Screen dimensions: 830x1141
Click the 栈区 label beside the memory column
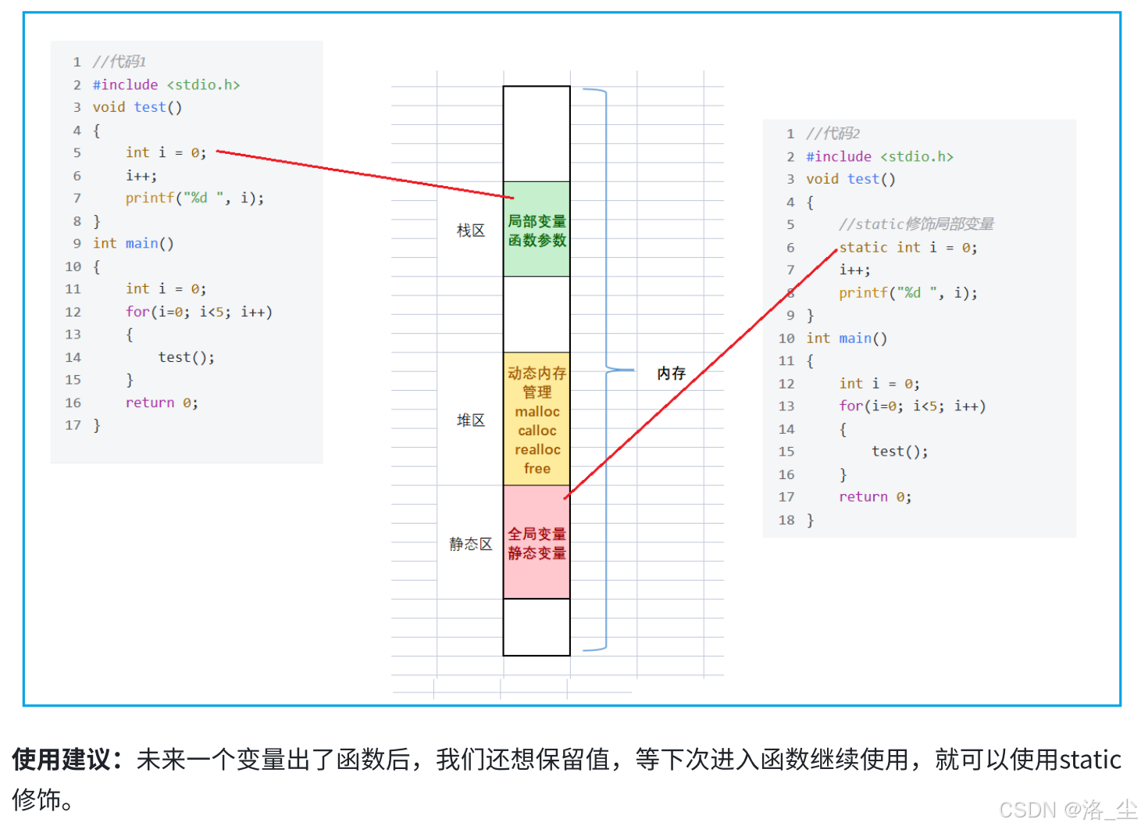(x=470, y=231)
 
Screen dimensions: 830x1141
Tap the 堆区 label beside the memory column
(x=470, y=420)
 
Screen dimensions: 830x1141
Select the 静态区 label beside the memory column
(x=470, y=544)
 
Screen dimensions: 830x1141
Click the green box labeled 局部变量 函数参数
(x=537, y=231)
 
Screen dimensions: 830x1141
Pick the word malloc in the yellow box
(x=537, y=411)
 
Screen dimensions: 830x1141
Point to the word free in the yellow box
(x=537, y=468)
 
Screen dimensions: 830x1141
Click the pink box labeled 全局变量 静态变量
(x=537, y=543)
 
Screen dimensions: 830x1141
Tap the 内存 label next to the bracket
(x=671, y=373)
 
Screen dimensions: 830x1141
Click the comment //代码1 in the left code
(x=119, y=62)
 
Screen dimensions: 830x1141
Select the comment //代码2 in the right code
(x=833, y=134)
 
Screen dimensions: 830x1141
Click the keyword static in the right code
(x=863, y=248)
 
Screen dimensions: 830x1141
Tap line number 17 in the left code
(x=73, y=425)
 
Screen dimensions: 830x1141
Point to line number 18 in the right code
(x=786, y=520)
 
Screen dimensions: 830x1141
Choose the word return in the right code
(x=863, y=497)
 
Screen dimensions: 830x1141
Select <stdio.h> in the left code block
(x=203, y=84)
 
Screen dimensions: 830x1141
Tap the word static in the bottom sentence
(x=1089, y=759)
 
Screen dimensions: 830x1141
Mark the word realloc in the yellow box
(x=537, y=449)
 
